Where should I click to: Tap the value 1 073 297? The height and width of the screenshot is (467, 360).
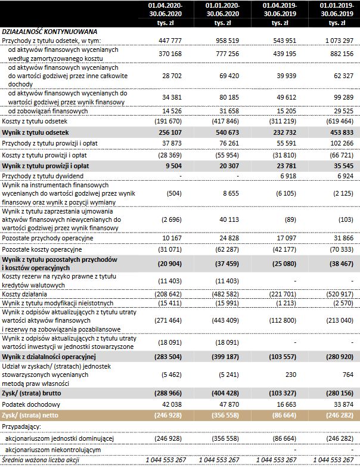point(336,41)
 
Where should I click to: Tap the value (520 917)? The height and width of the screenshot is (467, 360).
point(336,295)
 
